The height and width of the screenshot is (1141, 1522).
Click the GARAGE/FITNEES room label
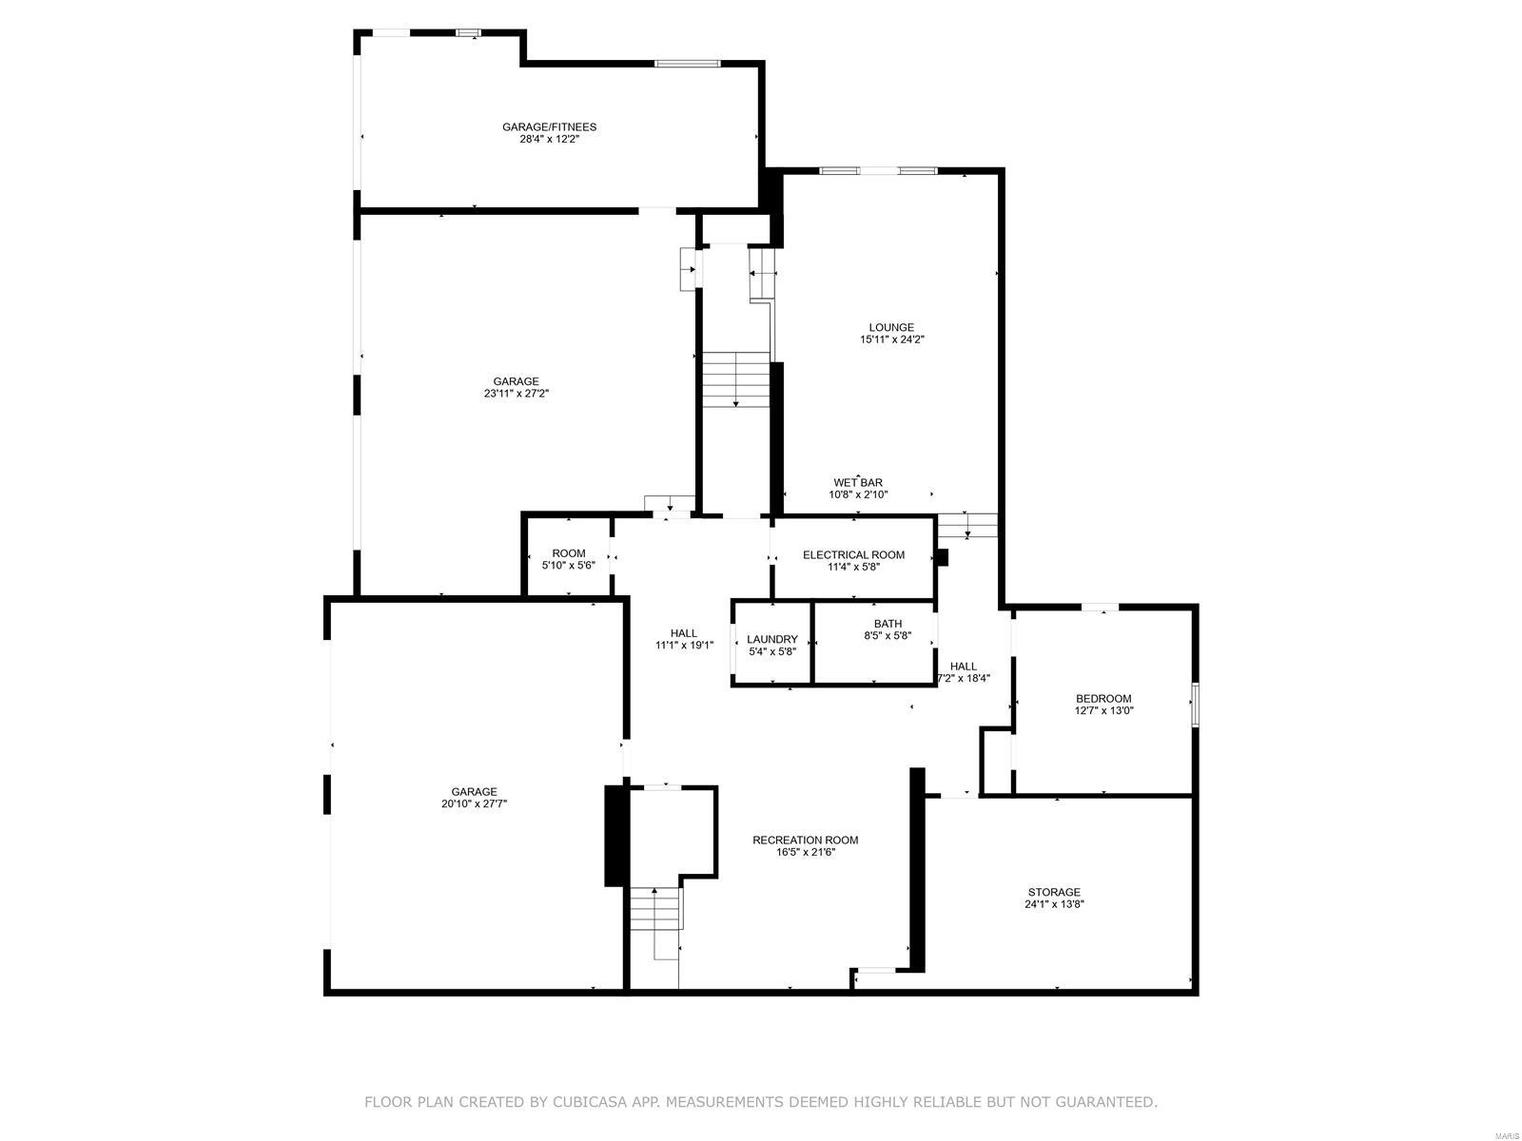pyautogui.click(x=549, y=126)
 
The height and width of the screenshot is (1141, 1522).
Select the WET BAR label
pyautogui.click(x=858, y=483)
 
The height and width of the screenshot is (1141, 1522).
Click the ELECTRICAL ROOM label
pyautogui.click(x=853, y=554)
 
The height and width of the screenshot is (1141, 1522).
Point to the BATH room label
pyautogui.click(x=888, y=624)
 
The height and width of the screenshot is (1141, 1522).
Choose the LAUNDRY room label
pyautogui.click(x=771, y=639)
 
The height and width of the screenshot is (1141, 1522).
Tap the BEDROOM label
pyautogui.click(x=1103, y=699)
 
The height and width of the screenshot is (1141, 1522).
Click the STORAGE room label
pyautogui.click(x=1053, y=892)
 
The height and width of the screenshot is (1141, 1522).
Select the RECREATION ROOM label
pyautogui.click(x=805, y=840)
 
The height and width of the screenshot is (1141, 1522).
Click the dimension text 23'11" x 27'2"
pyautogui.click(x=516, y=394)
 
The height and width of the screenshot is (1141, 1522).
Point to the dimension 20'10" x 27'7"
pyautogui.click(x=474, y=803)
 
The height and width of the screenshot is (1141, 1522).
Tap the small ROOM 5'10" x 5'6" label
pyautogui.click(x=569, y=559)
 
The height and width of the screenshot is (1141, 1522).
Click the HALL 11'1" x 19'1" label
pyautogui.click(x=683, y=639)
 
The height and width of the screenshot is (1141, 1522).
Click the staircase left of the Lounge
pyautogui.click(x=735, y=379)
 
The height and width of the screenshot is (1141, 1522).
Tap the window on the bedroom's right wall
pyautogui.click(x=1195, y=705)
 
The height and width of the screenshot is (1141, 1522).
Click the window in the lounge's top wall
pyautogui.click(x=878, y=171)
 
